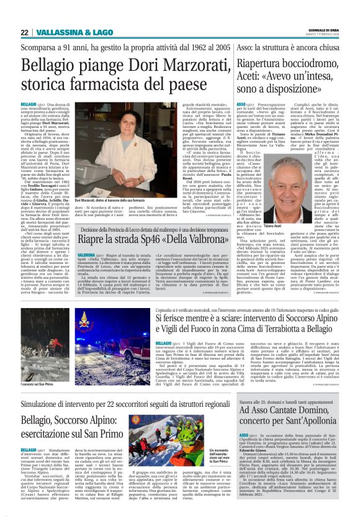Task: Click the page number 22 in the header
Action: [25, 32]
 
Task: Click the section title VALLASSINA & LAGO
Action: [69, 32]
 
